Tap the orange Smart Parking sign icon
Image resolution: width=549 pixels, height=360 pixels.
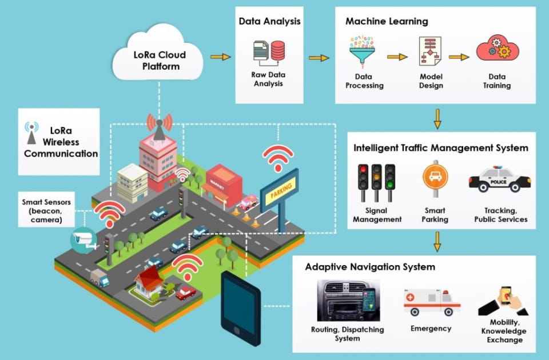[435, 179]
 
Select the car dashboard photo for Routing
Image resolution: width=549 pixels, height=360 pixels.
[347, 301]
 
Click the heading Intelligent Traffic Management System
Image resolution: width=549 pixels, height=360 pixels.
[440, 148]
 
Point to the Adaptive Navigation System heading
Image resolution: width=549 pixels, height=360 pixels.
[370, 267]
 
